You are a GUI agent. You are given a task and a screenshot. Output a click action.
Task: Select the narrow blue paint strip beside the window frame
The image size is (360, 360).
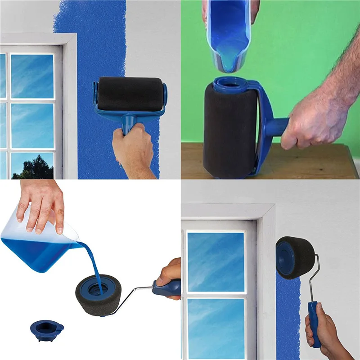[288, 315]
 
